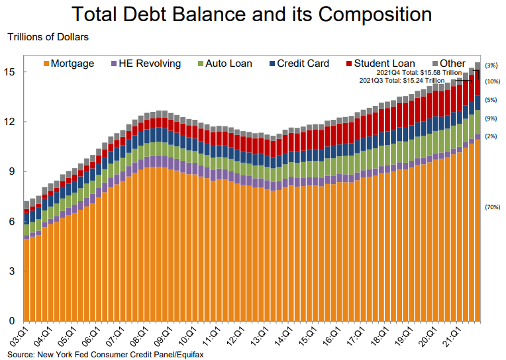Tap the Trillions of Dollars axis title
(48, 38)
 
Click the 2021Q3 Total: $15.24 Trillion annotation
(401, 80)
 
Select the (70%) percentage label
(492, 207)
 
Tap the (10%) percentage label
(492, 81)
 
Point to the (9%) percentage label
(492, 118)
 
